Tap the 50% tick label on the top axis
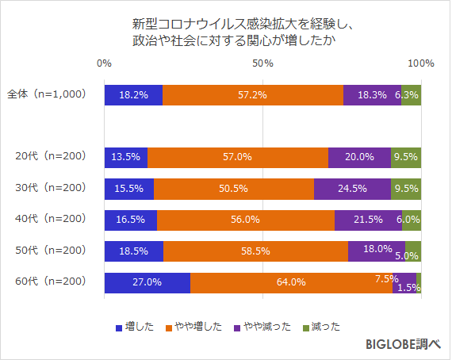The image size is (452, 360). pos(262,63)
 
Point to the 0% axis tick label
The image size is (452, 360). pos(104,63)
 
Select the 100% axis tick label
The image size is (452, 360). pos(421,63)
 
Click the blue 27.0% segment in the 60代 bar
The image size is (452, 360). pos(147,282)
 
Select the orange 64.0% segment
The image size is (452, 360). pos(291,282)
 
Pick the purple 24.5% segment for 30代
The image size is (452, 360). pos(352,189)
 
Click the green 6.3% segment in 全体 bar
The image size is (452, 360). pos(411,94)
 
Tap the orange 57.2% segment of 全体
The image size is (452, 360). pos(253,94)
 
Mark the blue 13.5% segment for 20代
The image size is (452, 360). pos(125,157)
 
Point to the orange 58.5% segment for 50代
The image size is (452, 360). pos(255,251)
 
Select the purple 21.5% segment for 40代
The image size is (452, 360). pos(368,220)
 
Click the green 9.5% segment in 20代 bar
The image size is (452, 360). pos(406,157)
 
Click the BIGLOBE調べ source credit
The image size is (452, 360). pos(403,345)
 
